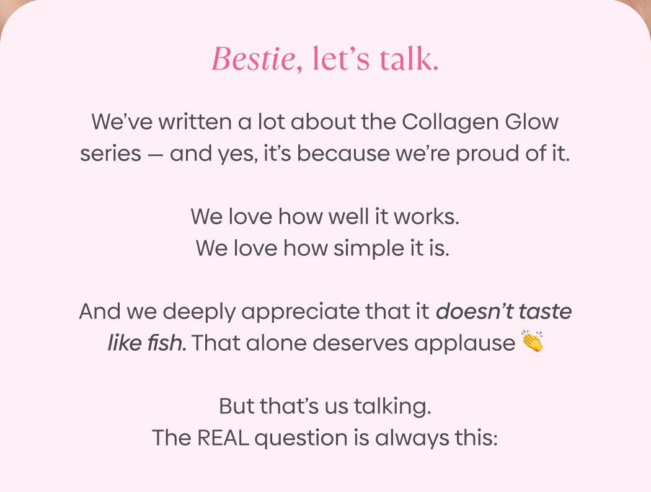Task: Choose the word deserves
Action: click(x=363, y=343)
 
